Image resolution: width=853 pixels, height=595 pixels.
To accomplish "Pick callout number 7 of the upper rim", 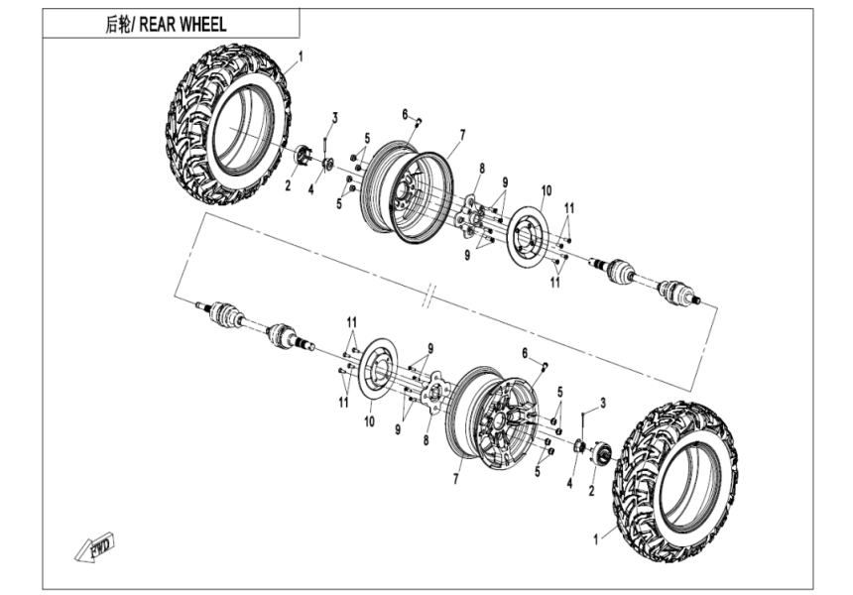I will coord(462,133).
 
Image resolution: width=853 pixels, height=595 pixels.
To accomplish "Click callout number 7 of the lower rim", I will coord(455,478).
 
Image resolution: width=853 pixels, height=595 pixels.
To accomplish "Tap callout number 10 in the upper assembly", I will coord(545,189).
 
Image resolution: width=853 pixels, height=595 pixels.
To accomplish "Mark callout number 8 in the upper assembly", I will coord(481,168).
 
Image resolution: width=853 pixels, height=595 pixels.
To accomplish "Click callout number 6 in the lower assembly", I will coord(524,354).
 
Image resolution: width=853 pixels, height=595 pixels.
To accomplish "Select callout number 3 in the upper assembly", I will coord(335,118).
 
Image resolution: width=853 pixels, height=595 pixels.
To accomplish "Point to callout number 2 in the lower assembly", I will coord(592,489).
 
